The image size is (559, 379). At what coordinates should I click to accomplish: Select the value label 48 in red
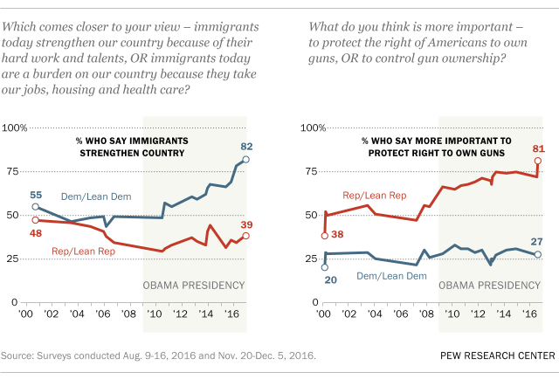pos(35,234)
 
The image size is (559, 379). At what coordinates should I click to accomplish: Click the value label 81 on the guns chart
pos(538,148)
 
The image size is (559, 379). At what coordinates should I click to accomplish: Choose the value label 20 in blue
pos(324,280)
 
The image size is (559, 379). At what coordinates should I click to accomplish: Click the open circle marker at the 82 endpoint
pos(246,160)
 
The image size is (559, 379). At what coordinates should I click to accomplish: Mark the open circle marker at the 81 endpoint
pos(538,161)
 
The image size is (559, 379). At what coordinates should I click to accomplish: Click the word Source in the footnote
pos(19,355)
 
